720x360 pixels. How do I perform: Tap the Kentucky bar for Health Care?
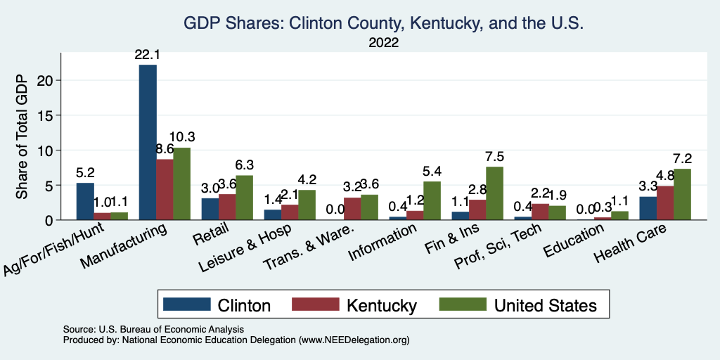[x=664, y=203]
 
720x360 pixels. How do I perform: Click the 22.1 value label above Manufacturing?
[x=148, y=54]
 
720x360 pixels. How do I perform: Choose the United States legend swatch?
[x=462, y=304]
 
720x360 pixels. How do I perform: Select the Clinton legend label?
[x=244, y=305]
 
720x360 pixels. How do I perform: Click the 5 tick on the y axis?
[x=49, y=185]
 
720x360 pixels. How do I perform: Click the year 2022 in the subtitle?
[x=383, y=43]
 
